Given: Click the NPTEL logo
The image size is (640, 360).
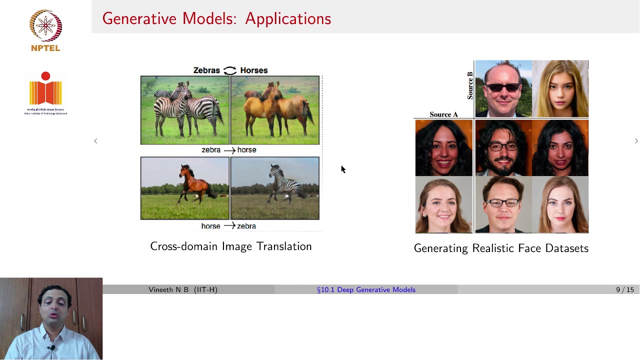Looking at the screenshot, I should [45, 30].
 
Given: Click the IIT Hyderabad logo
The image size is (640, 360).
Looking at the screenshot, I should [45, 93].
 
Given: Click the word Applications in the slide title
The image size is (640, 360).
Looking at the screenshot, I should [288, 18].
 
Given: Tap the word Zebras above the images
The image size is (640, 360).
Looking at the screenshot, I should [206, 70].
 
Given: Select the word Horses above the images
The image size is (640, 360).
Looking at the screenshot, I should [253, 70].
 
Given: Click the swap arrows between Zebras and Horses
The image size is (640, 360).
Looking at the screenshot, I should [230, 70].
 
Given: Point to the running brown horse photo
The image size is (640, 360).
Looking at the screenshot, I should [185, 188].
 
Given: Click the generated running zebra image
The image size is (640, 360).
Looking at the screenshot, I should [274, 188].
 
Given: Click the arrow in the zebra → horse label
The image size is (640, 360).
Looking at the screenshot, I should [229, 150].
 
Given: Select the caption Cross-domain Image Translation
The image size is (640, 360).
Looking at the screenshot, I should [230, 246].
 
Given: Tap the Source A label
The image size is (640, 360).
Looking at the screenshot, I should [443, 114].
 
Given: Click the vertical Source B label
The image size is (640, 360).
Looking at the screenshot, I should [469, 85].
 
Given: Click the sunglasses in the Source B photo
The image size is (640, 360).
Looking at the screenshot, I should [503, 87].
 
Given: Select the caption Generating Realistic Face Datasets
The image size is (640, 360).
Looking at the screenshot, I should [501, 248].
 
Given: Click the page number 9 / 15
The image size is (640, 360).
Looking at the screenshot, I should [624, 289].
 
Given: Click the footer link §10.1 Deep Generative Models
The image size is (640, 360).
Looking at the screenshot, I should [366, 289].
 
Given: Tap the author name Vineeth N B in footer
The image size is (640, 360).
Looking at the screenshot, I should [170, 289].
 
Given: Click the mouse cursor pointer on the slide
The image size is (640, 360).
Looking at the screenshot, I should [343, 169].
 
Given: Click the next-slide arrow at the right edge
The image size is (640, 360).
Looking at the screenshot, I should [636, 141].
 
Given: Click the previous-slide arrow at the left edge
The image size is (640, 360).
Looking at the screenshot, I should [95, 141].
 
